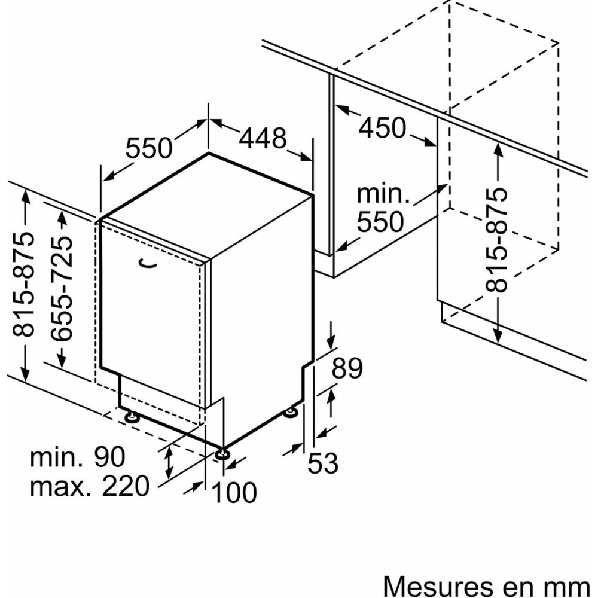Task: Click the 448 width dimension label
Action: click(263, 139)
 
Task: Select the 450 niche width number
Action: click(383, 127)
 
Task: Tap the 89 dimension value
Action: click(347, 368)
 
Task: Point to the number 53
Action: click(323, 463)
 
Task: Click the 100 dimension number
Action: click(234, 492)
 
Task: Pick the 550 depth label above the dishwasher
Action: click(149, 148)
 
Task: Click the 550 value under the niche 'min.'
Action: click(380, 222)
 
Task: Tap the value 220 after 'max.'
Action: click(125, 487)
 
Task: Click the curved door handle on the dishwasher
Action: click(147, 261)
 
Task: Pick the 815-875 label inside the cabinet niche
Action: click(496, 240)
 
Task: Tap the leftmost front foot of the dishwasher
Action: click(131, 414)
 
